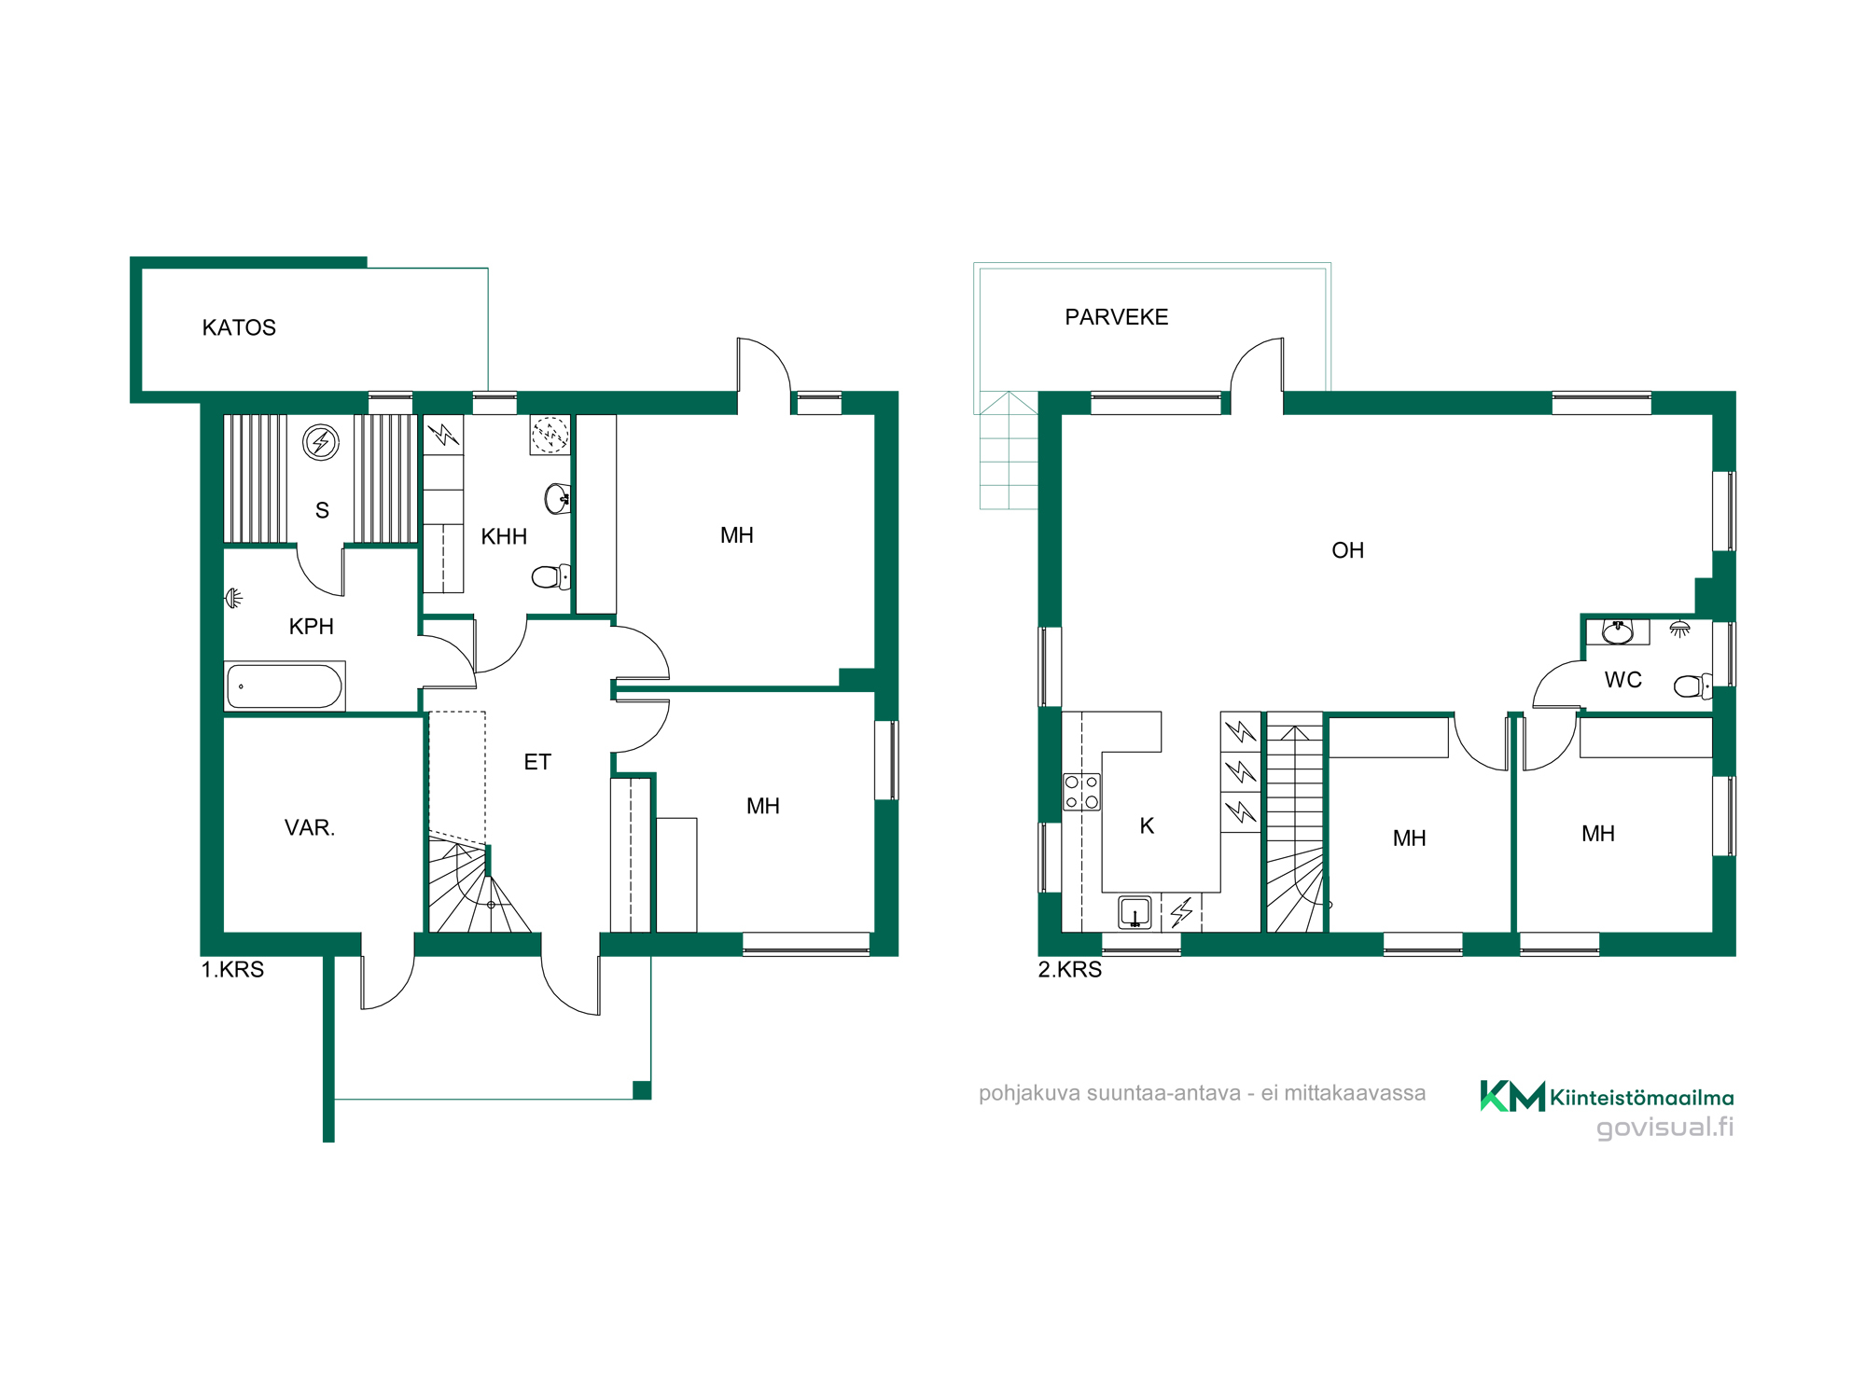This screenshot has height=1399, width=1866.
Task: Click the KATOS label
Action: click(x=239, y=327)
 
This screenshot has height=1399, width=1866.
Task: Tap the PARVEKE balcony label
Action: click(x=1116, y=317)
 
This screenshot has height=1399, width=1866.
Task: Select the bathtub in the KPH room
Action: click(x=285, y=686)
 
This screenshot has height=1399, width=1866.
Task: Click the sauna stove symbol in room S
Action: click(x=321, y=442)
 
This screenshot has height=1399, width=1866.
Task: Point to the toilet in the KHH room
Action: click(x=551, y=577)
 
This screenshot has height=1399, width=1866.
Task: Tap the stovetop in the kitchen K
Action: click(x=1081, y=792)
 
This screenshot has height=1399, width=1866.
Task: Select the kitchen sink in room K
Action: click(x=1135, y=912)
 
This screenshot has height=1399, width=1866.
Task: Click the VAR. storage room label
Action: click(x=310, y=827)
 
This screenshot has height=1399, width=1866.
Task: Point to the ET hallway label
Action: click(x=537, y=762)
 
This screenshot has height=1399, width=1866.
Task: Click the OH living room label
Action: click(x=1347, y=550)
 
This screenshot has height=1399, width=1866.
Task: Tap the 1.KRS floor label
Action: click(x=232, y=970)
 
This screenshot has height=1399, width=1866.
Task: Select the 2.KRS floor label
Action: click(x=1070, y=970)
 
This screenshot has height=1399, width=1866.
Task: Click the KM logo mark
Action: click(x=1512, y=1096)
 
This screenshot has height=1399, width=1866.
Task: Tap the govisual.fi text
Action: click(x=1665, y=1128)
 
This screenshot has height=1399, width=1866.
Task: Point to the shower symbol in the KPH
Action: click(x=234, y=598)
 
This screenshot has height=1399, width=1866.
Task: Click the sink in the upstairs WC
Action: click(x=1618, y=631)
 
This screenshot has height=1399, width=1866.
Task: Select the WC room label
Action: click(x=1622, y=680)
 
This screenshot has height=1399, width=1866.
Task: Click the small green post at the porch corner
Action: click(x=642, y=1090)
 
